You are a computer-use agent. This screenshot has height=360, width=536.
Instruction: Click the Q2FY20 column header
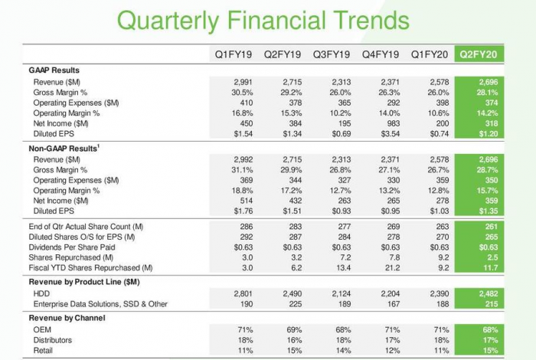click(479, 54)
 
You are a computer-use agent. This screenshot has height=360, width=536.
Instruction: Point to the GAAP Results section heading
click(54, 70)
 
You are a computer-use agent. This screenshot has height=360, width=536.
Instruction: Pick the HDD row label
click(41, 293)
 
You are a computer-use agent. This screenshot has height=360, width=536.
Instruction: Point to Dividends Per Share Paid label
click(74, 247)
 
